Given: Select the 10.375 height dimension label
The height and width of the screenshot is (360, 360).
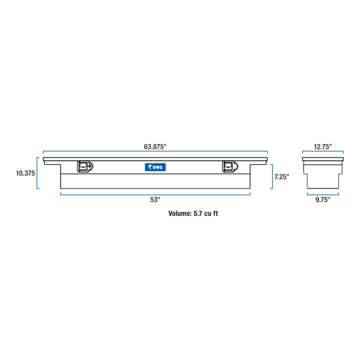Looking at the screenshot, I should (25, 173).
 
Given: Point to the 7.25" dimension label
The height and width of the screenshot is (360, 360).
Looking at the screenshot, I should (282, 176).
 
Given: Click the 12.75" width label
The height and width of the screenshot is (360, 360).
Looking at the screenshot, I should (322, 146).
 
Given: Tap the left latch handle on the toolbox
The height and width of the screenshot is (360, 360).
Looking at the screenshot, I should (84, 167).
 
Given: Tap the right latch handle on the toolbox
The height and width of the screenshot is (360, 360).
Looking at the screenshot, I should (229, 167).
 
